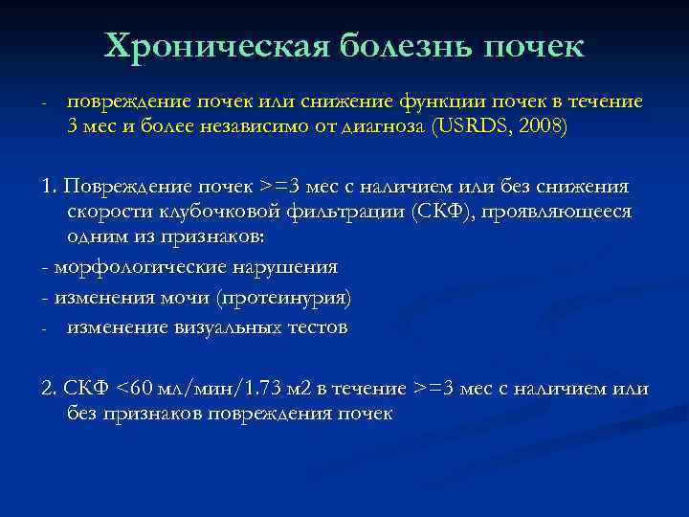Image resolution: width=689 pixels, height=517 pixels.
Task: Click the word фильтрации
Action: (x=339, y=211)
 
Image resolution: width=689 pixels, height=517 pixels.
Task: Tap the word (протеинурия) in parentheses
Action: (x=284, y=298)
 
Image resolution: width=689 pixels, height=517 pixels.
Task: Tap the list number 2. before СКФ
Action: (x=50, y=390)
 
